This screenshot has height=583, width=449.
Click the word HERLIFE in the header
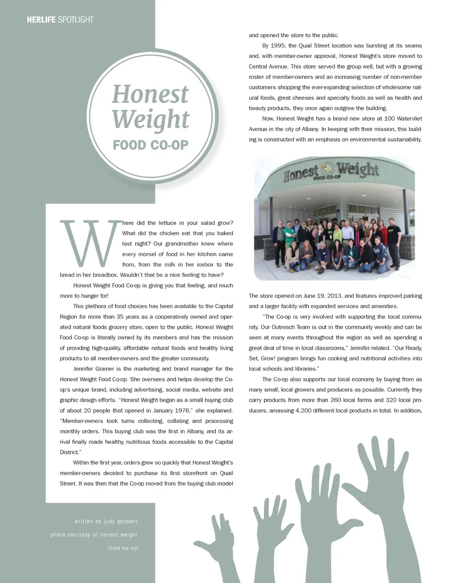click(41, 20)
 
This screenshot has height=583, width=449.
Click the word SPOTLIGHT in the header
click(75, 20)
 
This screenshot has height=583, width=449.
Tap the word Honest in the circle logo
click(150, 94)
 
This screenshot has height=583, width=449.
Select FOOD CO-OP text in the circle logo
click(150, 145)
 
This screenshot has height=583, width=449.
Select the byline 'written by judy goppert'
click(106, 522)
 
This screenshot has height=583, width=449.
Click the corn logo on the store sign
click(327, 168)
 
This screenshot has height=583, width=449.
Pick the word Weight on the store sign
click(357, 169)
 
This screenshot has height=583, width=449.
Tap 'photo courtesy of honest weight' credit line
click(94, 535)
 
